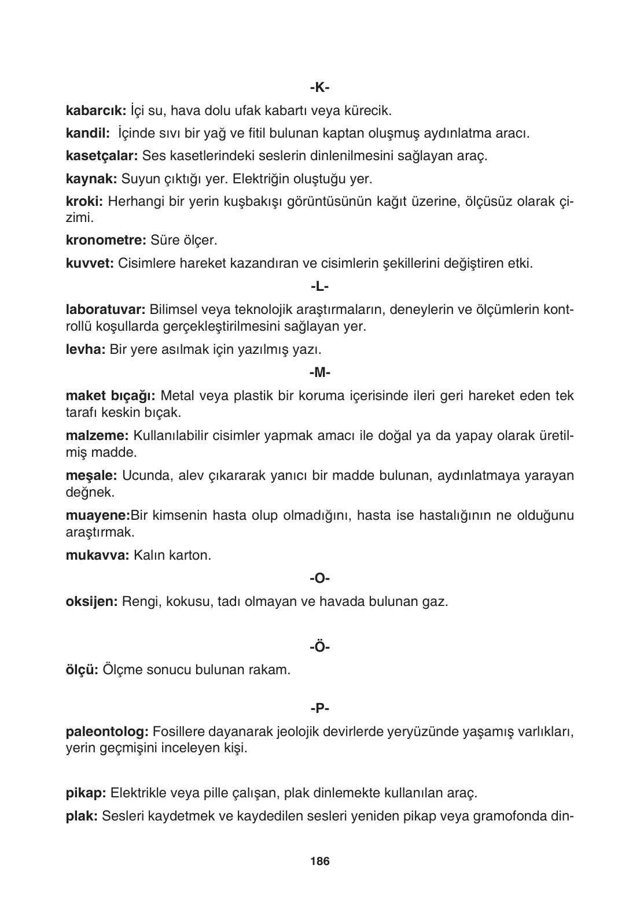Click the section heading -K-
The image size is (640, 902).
tap(319, 88)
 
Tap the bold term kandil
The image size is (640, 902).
tap(88, 133)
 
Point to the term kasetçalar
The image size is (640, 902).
tap(101, 156)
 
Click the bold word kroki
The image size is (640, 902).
tap(84, 202)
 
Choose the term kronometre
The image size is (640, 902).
tap(105, 240)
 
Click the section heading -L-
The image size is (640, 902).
tap(319, 286)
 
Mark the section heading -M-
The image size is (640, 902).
tap(319, 373)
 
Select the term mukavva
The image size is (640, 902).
tap(97, 556)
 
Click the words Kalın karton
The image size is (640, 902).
tap(172, 556)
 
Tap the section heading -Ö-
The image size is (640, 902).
tap(319, 647)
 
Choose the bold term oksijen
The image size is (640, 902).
tap(91, 601)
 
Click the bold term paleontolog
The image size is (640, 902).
tap(108, 732)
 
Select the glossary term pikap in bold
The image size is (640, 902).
tap(85, 793)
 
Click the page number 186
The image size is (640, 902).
tap(319, 862)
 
